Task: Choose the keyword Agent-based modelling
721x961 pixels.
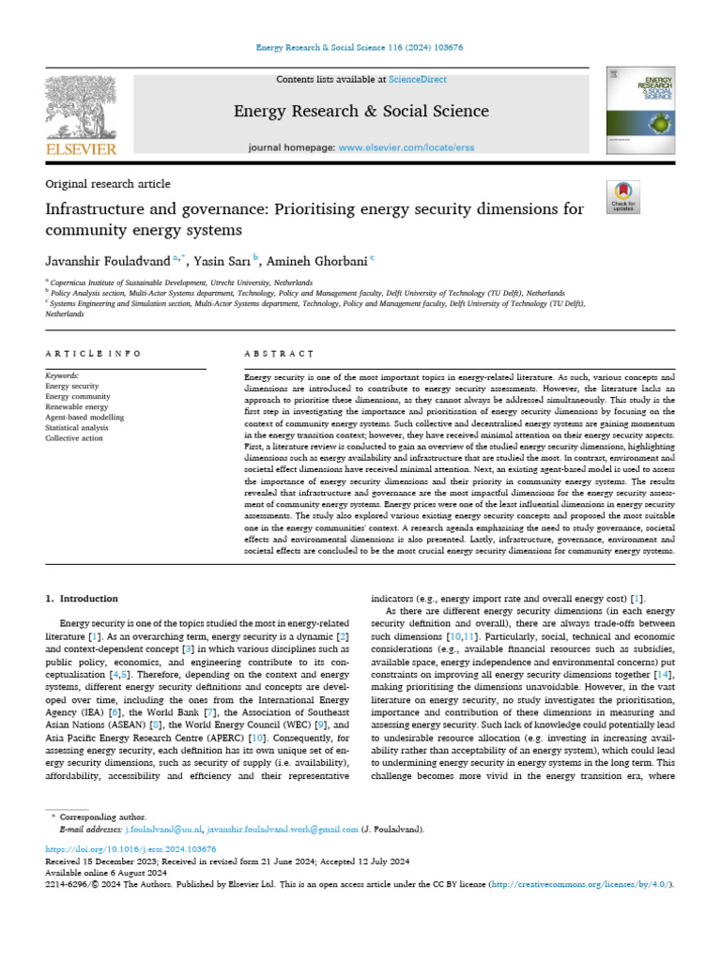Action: (x=84, y=417)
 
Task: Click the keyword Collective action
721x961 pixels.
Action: (x=74, y=437)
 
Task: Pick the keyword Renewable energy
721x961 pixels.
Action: (x=77, y=406)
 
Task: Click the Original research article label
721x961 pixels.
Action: (x=108, y=184)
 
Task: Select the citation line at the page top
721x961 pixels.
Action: (x=360, y=48)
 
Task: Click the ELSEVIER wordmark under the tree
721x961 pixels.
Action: (x=81, y=149)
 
